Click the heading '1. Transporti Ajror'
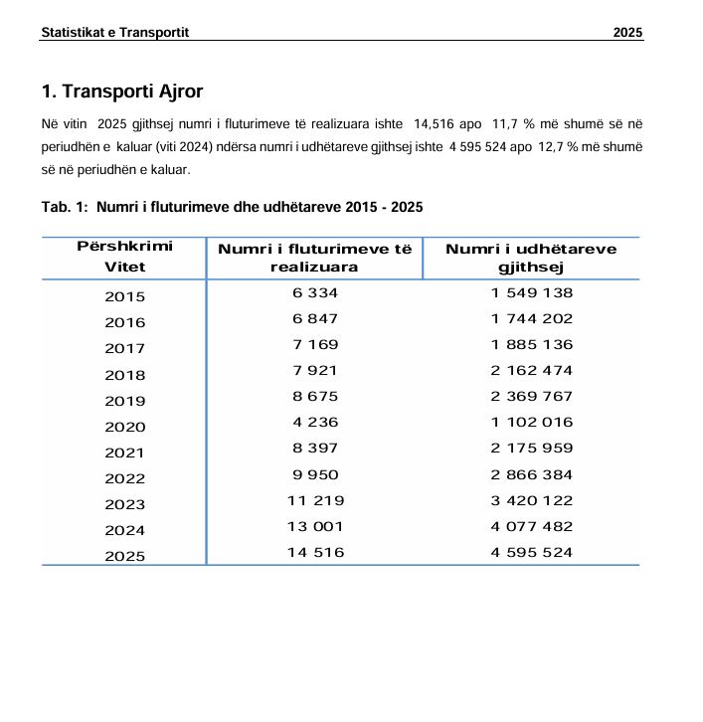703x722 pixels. [x=122, y=91]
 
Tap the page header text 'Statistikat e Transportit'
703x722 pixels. [x=114, y=33]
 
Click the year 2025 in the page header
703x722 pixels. [x=627, y=33]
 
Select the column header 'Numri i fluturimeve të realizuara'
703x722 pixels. [x=314, y=258]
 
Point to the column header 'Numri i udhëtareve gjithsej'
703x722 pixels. [x=531, y=258]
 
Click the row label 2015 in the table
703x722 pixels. [x=124, y=296]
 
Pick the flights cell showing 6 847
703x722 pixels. [x=315, y=318]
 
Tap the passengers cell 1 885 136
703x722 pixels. [x=531, y=344]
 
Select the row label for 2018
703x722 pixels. [x=124, y=375]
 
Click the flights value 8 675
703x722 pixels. [x=315, y=396]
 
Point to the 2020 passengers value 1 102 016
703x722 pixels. [x=531, y=422]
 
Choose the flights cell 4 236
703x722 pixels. [x=315, y=422]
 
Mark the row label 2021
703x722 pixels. [x=124, y=452]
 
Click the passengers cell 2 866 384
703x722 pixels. [x=531, y=474]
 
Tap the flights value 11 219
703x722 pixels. [x=315, y=500]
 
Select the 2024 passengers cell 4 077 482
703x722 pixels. [x=531, y=526]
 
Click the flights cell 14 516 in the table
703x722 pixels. [x=315, y=552]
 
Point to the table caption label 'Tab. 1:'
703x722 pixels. [x=65, y=207]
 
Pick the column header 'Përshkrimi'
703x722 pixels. [x=124, y=246]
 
